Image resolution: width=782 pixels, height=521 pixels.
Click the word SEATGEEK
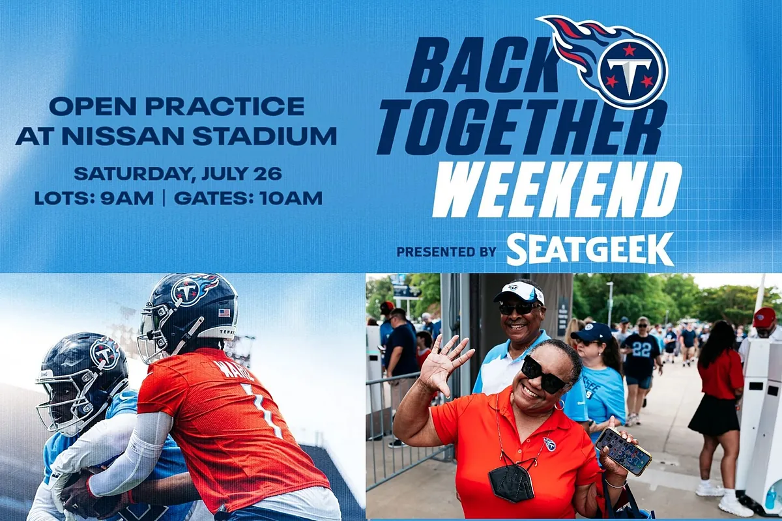[x=590, y=249]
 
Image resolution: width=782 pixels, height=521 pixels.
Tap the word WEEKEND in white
[x=557, y=190]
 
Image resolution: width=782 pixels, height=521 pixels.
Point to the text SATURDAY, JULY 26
[x=178, y=173]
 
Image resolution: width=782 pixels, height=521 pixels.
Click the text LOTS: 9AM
[x=94, y=198]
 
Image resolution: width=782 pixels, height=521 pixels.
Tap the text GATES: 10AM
[x=248, y=198]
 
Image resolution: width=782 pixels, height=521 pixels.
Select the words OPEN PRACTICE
[x=177, y=106]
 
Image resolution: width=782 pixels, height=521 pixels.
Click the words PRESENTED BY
[x=446, y=251]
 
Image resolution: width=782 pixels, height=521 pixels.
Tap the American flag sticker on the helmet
[x=224, y=313]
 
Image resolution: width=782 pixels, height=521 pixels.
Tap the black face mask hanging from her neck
[x=511, y=482]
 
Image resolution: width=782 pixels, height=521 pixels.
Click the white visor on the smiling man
[x=519, y=292]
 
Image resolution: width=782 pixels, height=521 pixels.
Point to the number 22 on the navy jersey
[x=639, y=349]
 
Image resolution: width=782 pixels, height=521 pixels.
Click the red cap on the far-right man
[x=764, y=317]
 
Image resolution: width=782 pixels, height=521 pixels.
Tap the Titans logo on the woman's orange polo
[x=549, y=444]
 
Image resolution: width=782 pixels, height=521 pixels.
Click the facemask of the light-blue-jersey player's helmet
[x=59, y=403]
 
